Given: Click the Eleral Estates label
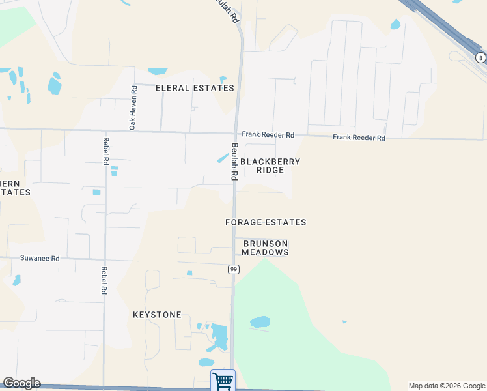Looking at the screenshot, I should click(195, 88).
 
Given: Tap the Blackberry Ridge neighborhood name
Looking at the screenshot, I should click(270, 166).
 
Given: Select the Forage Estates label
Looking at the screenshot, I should click(266, 222).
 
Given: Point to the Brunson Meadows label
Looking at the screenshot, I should click(266, 248).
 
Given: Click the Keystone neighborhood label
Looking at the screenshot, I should click(157, 315).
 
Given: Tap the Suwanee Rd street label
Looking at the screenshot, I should click(38, 259).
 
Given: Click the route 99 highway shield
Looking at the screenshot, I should click(233, 269).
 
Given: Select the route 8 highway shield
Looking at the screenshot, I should click(480, 58).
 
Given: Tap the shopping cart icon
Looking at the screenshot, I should click(223, 380).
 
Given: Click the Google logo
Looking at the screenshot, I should click(21, 383).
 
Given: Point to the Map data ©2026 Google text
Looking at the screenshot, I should click(447, 386).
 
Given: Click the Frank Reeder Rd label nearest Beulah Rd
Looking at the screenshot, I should click(268, 135).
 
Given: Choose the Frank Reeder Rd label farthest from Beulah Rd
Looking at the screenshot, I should click(359, 138).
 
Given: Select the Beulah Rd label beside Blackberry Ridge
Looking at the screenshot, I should click(233, 162).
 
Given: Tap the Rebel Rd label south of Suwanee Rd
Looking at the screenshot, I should click(104, 280).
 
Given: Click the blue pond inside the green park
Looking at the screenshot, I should click(260, 322).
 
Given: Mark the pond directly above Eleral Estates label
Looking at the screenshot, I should click(158, 71).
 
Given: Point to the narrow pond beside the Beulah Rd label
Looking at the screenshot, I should click(222, 158).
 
